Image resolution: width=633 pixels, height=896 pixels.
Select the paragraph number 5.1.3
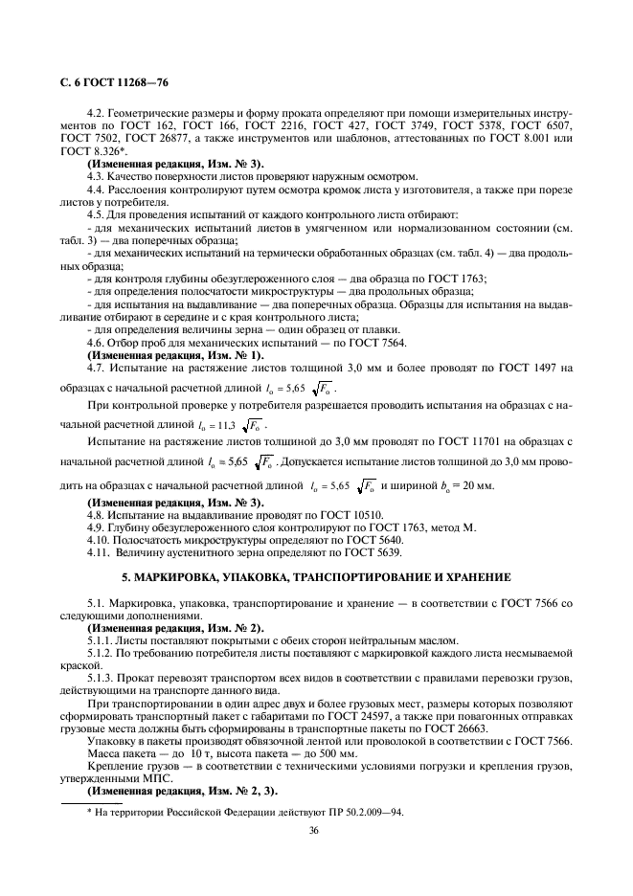[x=102, y=677]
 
